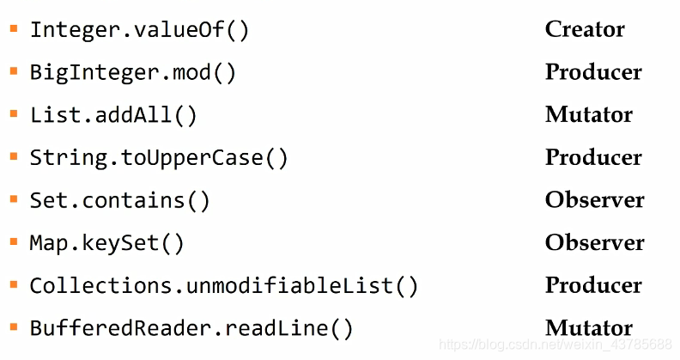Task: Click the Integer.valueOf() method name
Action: point(139,30)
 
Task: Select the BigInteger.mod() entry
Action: point(132,73)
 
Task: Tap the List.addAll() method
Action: point(113,115)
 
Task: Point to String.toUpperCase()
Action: point(159,158)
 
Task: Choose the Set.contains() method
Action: point(119,201)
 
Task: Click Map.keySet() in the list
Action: point(106,243)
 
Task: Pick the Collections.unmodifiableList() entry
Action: point(223,286)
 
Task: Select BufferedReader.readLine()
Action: point(191,328)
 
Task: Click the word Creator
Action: point(585,29)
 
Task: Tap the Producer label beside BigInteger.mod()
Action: point(593,72)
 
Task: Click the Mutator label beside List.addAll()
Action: point(589,114)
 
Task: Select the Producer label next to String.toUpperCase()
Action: point(593,157)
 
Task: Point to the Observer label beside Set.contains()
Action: point(594,199)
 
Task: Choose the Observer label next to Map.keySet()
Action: point(594,242)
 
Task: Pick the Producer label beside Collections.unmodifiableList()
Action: point(593,284)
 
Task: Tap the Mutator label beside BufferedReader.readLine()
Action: point(589,327)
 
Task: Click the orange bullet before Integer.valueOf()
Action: point(14,28)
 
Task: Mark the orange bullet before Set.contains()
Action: point(14,199)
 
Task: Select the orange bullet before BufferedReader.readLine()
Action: point(14,326)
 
